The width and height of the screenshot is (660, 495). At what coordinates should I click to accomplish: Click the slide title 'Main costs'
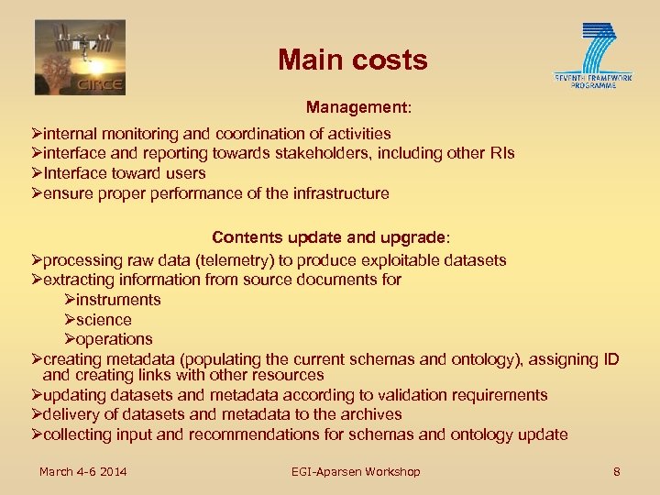(353, 60)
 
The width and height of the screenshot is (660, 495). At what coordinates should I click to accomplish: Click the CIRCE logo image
(80, 57)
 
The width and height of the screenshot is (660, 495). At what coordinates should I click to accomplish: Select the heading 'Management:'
(358, 107)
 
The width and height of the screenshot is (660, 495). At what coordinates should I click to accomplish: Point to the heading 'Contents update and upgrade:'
(331, 237)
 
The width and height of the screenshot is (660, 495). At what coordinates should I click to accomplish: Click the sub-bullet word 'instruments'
(118, 300)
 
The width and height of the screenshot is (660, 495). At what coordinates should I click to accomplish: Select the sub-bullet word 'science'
(104, 320)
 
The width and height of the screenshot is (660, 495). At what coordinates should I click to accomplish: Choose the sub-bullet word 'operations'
(115, 339)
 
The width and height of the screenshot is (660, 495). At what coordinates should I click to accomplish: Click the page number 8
(617, 471)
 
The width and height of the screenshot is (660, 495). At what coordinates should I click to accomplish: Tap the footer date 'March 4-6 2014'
(82, 471)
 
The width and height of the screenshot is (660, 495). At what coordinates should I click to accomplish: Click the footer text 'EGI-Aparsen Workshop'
(356, 471)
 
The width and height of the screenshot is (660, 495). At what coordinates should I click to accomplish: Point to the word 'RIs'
(501, 153)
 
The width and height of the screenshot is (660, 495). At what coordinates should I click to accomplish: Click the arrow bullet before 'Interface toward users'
(37, 173)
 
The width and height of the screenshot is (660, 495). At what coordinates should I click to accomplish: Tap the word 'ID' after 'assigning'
(610, 359)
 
